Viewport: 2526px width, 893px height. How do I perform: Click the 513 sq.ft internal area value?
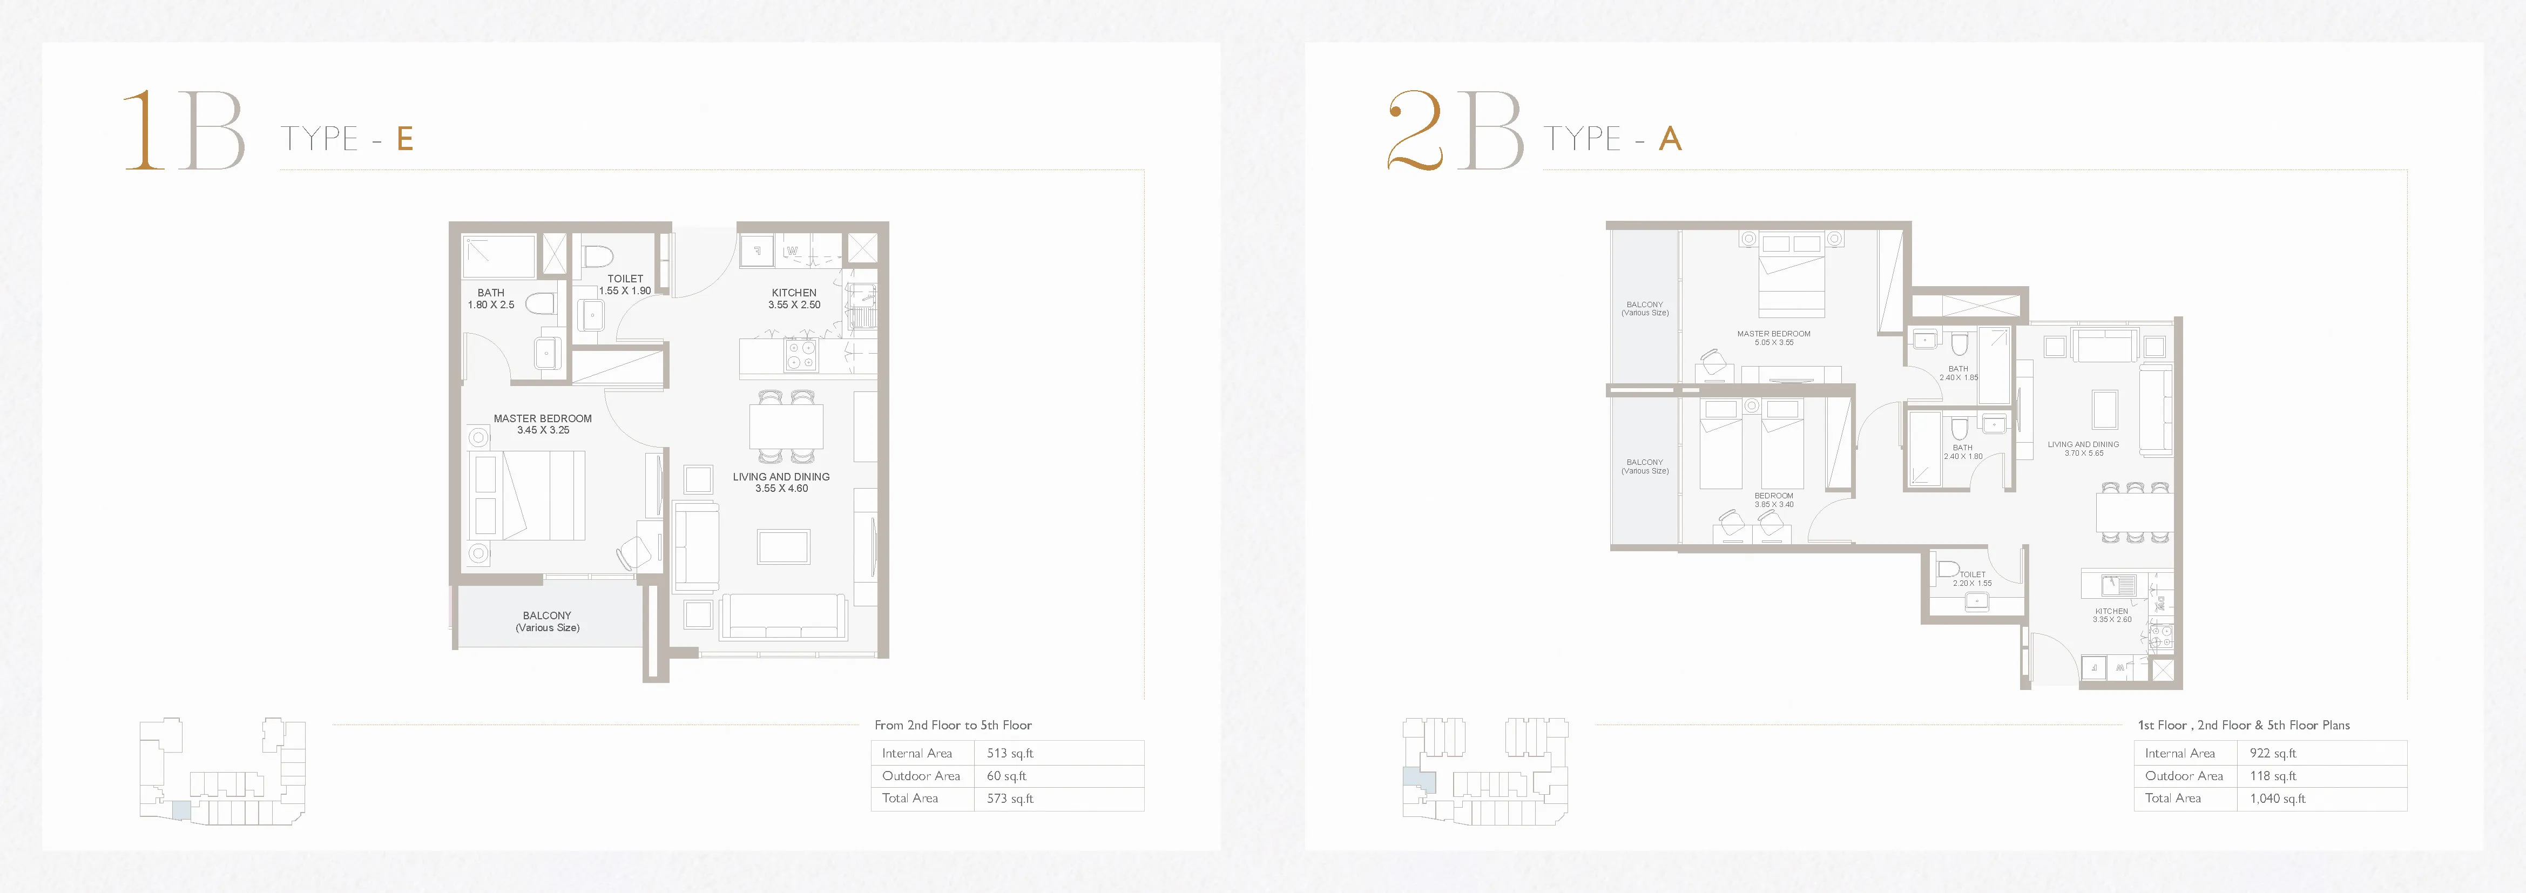[x=1009, y=753]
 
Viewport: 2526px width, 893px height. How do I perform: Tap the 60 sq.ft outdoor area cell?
[x=1006, y=775]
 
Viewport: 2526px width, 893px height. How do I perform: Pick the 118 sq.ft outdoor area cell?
[x=2273, y=775]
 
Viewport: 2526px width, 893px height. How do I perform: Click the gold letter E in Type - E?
[x=405, y=139]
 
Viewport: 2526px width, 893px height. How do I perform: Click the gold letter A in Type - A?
[x=1670, y=139]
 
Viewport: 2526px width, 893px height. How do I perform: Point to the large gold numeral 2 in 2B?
[x=1415, y=130]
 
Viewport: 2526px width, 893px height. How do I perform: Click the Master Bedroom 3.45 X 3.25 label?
[x=542, y=423]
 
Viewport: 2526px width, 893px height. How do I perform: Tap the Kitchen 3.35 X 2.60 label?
[x=2111, y=614]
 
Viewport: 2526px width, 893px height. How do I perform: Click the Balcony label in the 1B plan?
[x=547, y=621]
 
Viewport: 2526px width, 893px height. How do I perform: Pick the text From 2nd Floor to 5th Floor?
[x=952, y=726]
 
